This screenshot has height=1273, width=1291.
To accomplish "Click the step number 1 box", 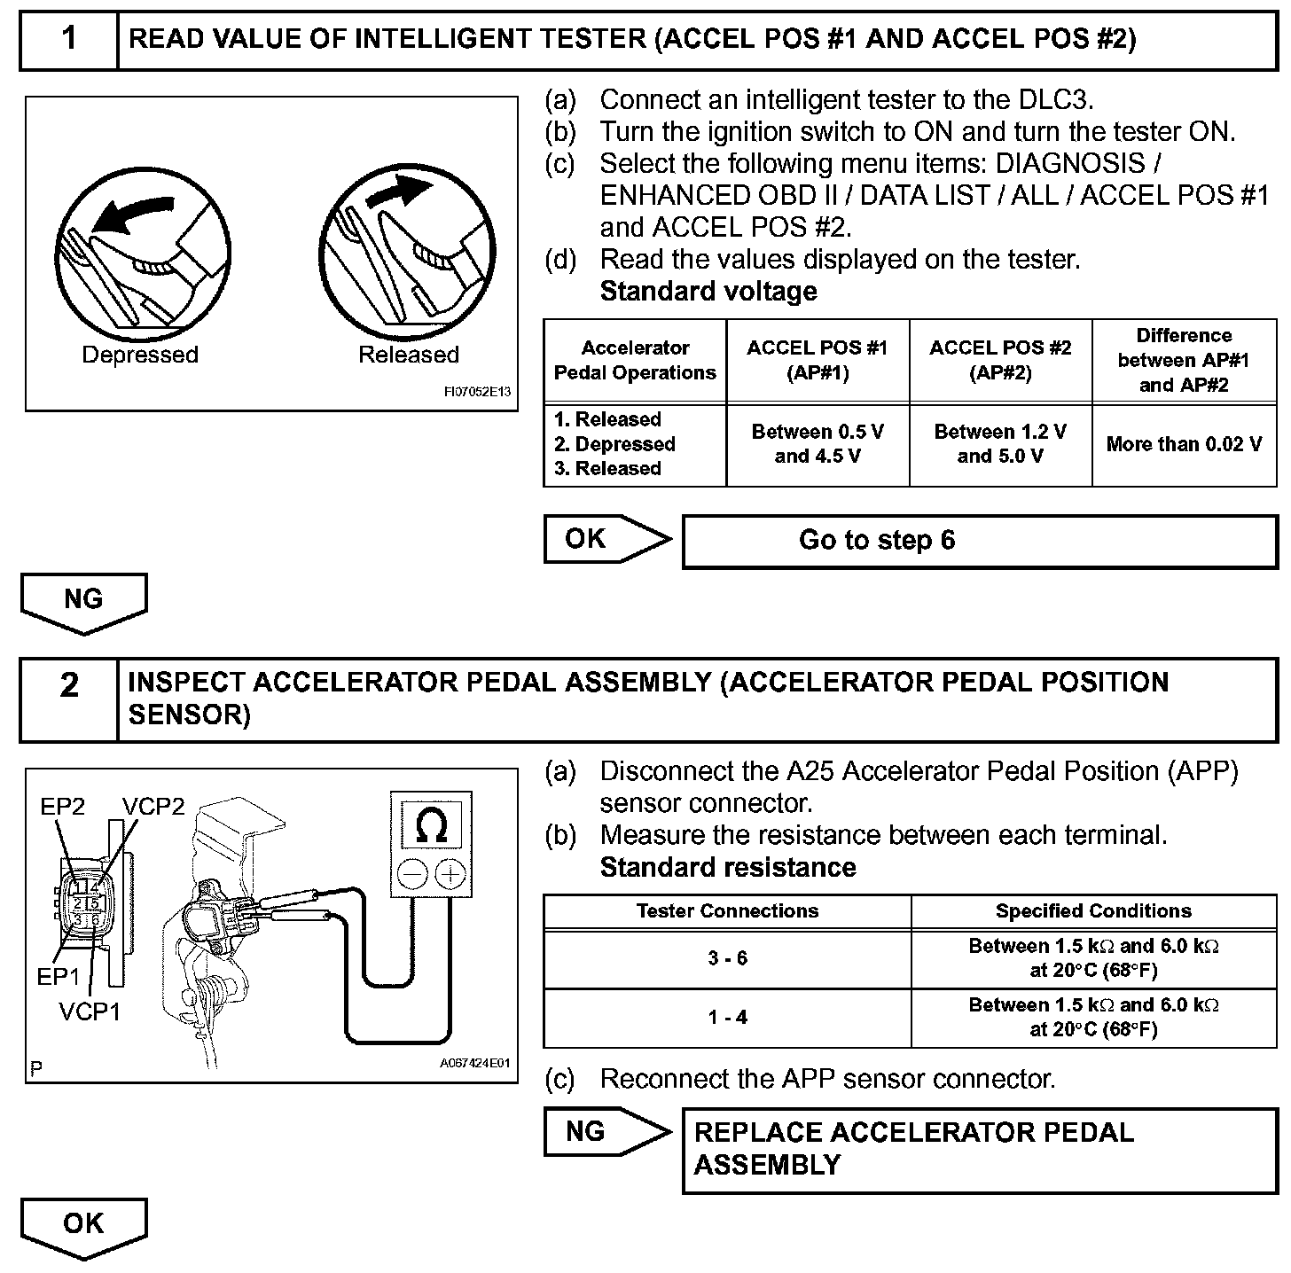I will click(69, 40).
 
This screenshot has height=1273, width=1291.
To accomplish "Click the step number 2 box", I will click(69, 699).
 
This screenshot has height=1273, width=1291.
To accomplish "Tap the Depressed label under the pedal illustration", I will click(140, 355).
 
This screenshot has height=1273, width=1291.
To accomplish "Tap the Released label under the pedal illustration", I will click(409, 355).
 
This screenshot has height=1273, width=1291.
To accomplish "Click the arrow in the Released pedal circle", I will click(400, 189).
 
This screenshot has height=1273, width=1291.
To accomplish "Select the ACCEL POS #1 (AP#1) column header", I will click(817, 360).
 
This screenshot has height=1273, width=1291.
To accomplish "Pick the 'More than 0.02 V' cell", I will click(1184, 444).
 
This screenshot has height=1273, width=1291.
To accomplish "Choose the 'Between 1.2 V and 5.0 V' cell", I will click(1000, 444).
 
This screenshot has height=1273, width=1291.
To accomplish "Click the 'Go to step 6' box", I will click(979, 541).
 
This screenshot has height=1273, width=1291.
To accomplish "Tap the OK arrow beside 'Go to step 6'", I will click(608, 539).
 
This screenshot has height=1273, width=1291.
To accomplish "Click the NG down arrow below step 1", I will click(83, 602).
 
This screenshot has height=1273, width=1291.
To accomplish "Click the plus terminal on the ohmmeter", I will click(450, 875).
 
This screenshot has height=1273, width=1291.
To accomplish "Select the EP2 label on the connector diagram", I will click(63, 806).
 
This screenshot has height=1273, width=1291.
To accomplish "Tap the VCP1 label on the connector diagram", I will click(90, 1011).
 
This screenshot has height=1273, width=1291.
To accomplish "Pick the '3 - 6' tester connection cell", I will click(727, 958).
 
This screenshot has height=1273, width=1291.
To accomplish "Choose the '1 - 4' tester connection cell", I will click(727, 1018).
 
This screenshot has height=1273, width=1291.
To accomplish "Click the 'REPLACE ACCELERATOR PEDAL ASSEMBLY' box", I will click(979, 1149).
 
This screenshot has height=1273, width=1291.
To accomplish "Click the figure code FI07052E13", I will click(477, 391).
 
